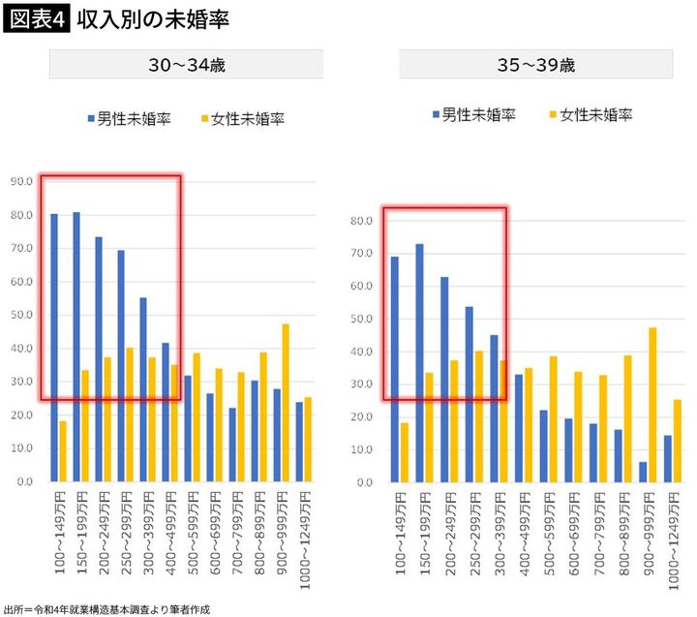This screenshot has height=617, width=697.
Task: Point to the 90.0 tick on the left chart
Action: coord(22,181)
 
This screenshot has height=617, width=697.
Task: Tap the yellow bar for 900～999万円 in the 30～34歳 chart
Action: coord(286,402)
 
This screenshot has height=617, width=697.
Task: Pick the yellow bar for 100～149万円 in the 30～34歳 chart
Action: coord(63,450)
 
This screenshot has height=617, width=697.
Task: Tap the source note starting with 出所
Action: coord(106,609)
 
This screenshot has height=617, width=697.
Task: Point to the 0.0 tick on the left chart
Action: coord(24,481)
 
